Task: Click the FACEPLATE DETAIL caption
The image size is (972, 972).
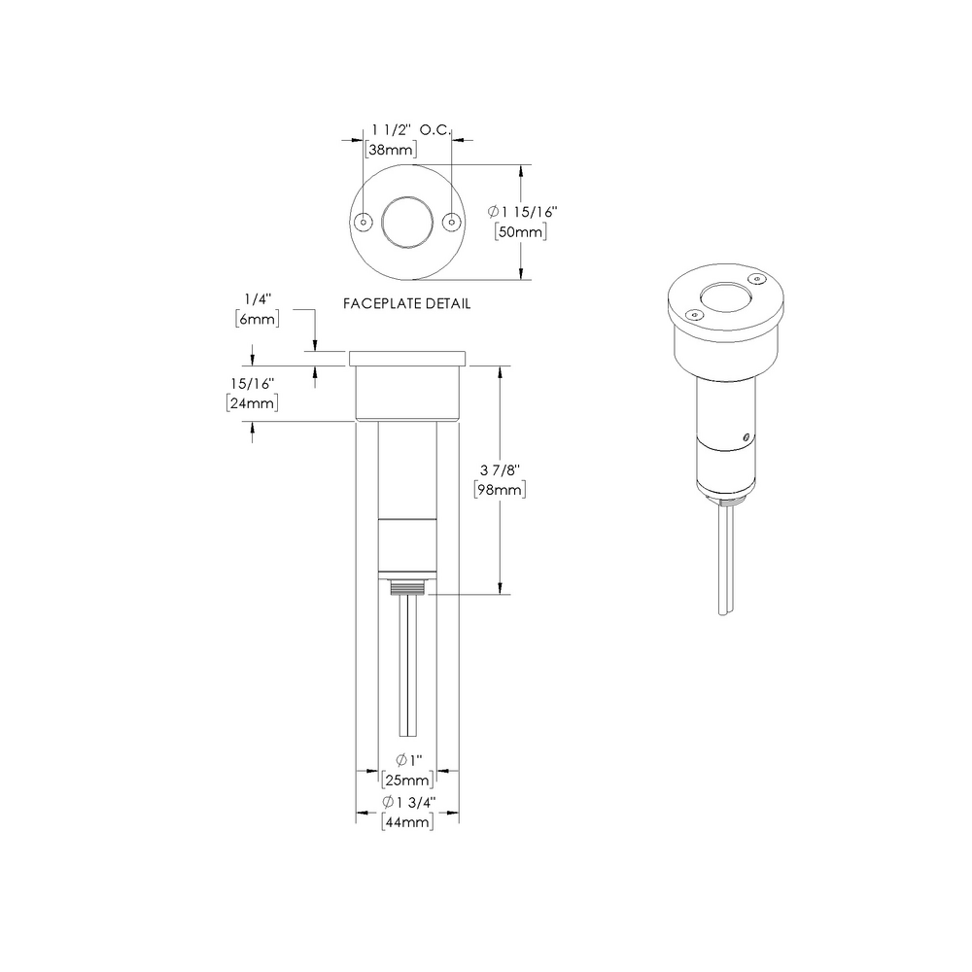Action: tap(407, 303)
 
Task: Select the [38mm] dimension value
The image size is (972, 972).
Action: tap(391, 150)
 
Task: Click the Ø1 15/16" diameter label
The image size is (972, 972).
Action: tap(523, 210)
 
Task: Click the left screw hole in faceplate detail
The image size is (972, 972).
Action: tap(364, 222)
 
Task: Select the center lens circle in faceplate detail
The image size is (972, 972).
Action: tap(406, 222)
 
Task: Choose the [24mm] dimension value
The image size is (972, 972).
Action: tap(253, 402)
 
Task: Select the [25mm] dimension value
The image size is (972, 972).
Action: tap(406, 781)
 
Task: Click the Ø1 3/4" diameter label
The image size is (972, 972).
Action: tap(406, 802)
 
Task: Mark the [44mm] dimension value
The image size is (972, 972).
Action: tap(406, 822)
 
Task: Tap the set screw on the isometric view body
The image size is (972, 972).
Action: tap(746, 435)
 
